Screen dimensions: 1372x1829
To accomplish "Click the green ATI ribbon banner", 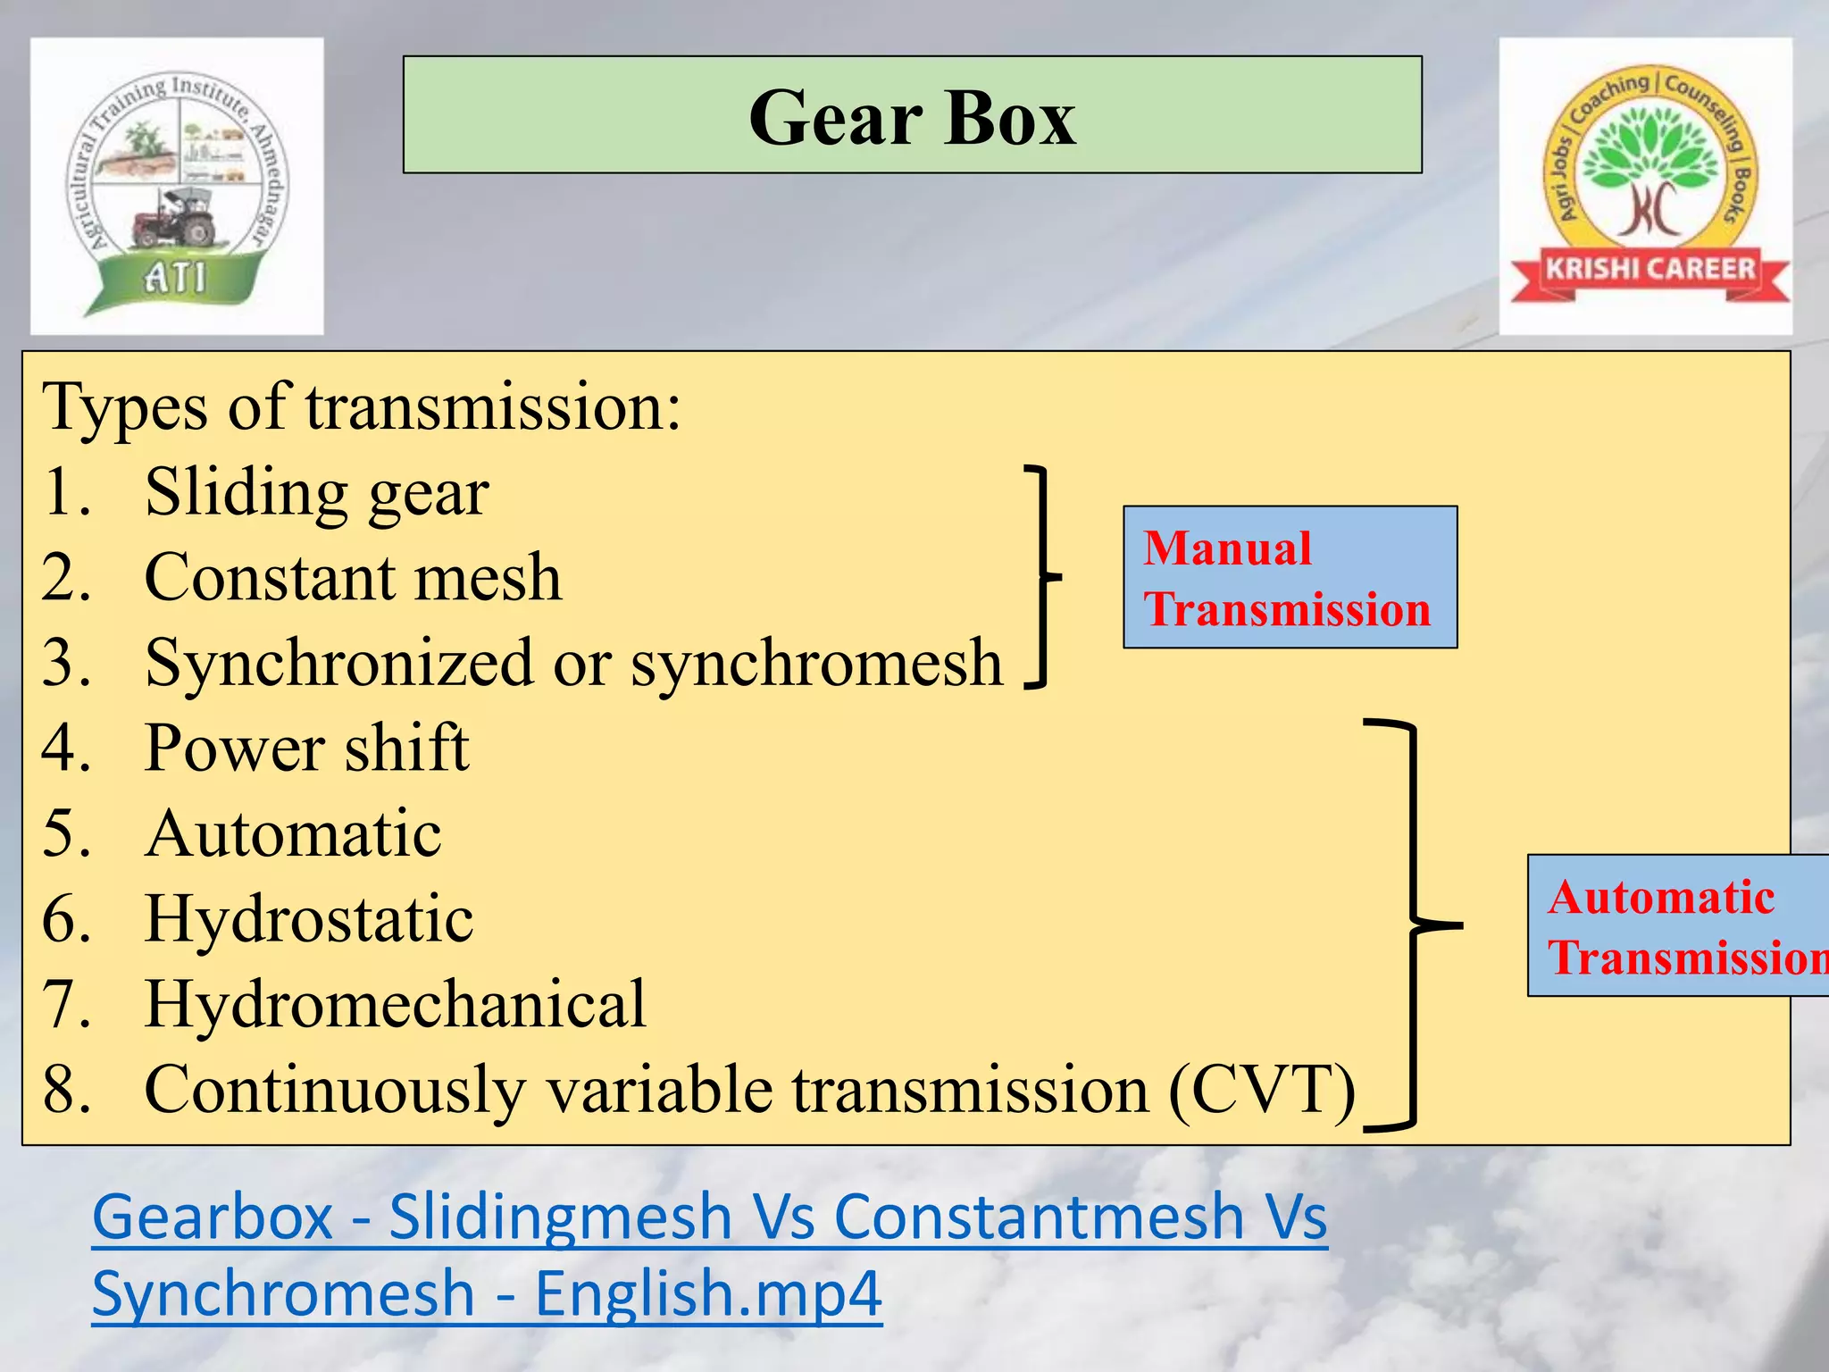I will [x=174, y=278].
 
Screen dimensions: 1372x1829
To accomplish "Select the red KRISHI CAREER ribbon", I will [x=1650, y=269].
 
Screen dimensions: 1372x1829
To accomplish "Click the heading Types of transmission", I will [x=362, y=407].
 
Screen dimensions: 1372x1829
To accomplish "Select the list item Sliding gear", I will [x=316, y=492].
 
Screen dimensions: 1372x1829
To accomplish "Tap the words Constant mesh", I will [x=353, y=578].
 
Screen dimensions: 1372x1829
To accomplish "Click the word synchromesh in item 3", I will [x=816, y=664].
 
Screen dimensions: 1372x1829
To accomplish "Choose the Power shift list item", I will [x=306, y=749].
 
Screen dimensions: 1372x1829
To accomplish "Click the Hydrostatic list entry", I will [x=309, y=920].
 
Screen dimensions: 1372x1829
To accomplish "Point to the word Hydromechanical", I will [x=395, y=1005].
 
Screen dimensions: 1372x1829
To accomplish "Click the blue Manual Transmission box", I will [x=1290, y=577].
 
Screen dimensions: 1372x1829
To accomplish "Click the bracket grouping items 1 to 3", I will [x=1041, y=577].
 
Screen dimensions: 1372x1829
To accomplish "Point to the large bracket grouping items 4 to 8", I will [x=1414, y=925].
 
